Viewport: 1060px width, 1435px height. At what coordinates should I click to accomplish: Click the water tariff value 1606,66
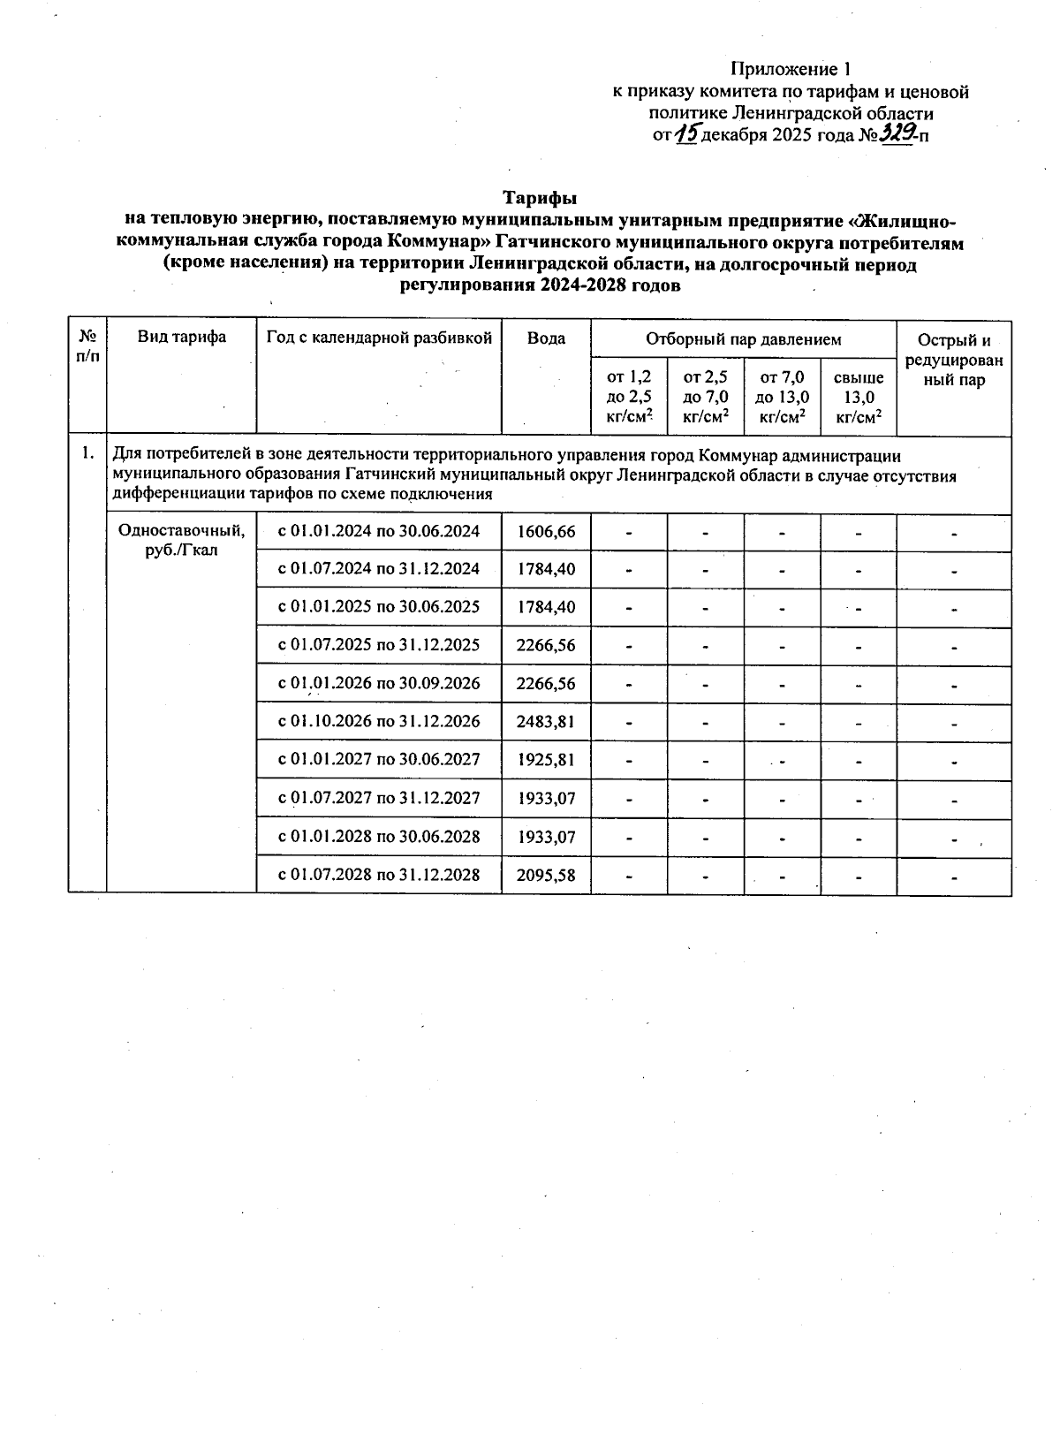pos(546,531)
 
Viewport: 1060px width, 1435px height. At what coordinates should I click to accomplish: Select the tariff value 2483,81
pos(546,721)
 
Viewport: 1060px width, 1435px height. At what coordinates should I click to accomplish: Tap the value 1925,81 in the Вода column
pos(546,759)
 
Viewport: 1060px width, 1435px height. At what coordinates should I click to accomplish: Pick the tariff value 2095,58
pos(546,875)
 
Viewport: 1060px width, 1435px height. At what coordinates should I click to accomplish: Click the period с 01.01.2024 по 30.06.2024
pos(379,531)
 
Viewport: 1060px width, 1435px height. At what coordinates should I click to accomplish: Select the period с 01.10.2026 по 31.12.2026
pos(379,721)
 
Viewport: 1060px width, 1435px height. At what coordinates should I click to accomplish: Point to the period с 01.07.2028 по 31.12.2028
pos(379,875)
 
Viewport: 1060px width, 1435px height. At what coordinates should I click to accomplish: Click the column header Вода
pos(546,338)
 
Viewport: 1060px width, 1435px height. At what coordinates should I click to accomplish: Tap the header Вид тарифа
pos(181,337)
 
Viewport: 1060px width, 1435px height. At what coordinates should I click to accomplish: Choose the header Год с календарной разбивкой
pos(379,337)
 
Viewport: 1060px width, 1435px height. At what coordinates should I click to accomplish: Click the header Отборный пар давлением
pos(743,338)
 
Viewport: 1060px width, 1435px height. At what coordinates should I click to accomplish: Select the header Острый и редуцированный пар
pos(953,361)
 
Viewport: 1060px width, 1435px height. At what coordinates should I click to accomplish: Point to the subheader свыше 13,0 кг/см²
pos(859,398)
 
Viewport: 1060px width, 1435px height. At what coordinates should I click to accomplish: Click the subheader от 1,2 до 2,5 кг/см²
pos(629,398)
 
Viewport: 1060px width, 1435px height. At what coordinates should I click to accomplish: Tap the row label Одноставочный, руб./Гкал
pos(181,540)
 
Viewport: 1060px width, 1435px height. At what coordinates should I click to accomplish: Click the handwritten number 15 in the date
pos(685,134)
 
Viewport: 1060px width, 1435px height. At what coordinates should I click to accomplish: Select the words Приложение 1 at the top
pos(791,69)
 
